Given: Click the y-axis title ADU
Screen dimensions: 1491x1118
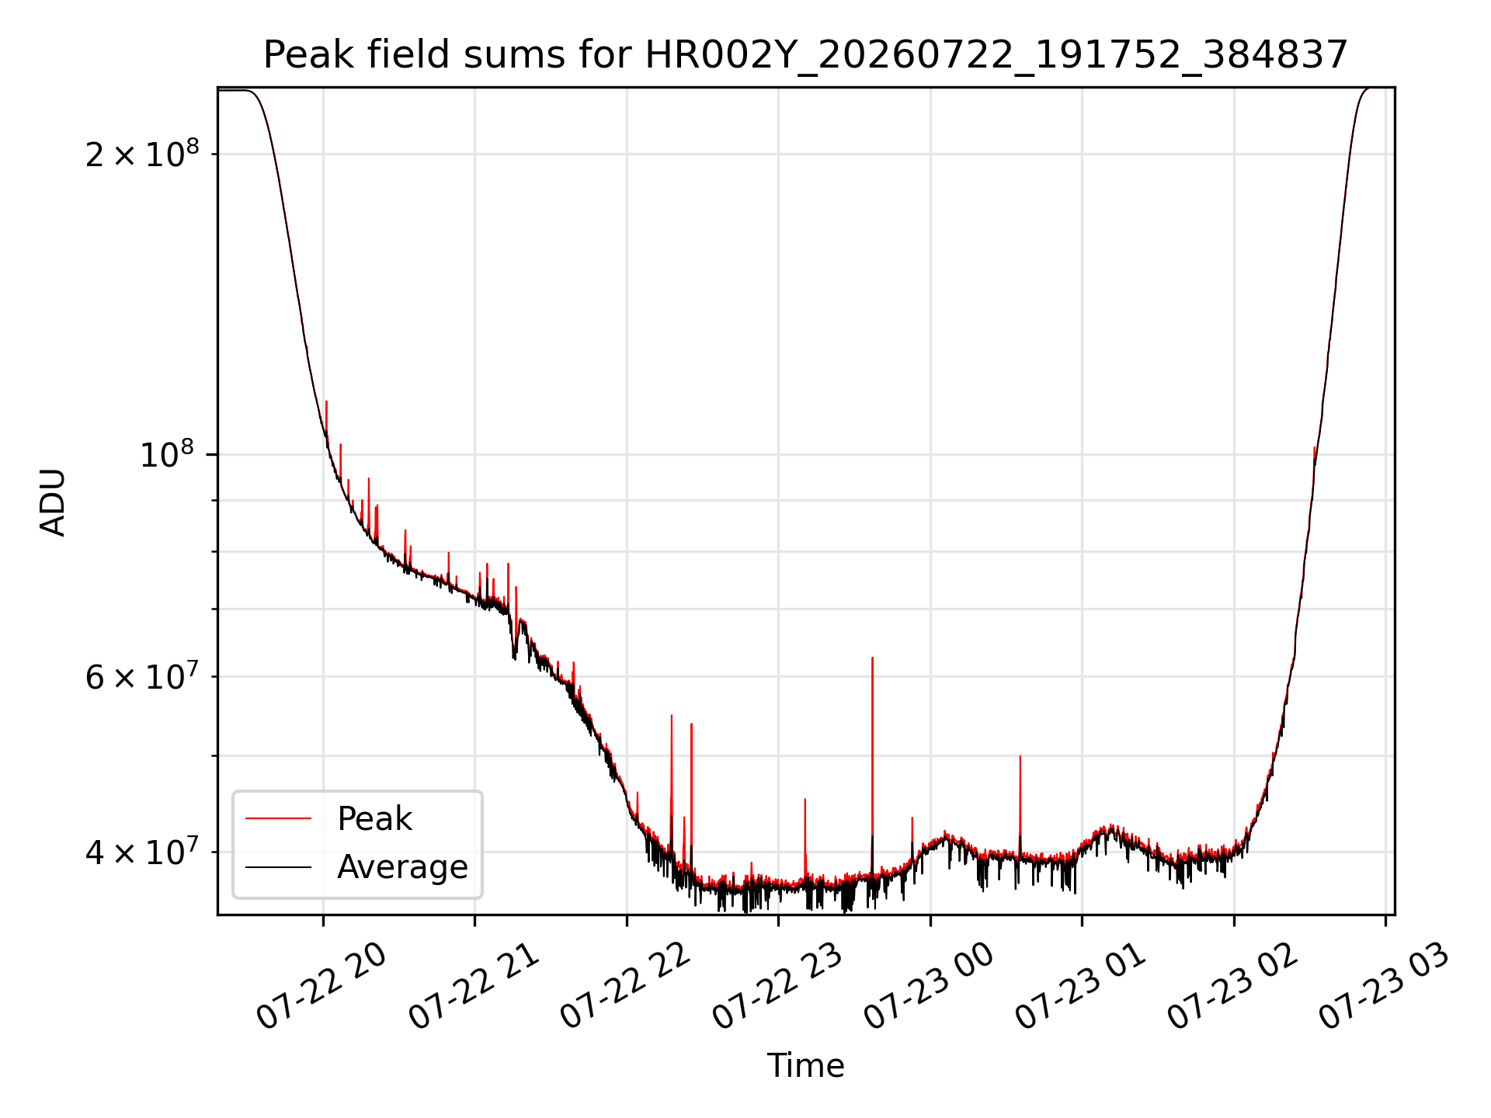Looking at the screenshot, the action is pos(53,502).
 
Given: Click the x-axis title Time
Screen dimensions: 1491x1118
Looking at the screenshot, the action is pos(805,1065).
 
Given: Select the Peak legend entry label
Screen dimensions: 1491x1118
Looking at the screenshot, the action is pos(374,819).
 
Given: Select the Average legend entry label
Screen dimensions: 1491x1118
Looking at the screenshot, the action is pos(402,866).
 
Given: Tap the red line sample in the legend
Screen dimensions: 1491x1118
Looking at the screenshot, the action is pos(278,818).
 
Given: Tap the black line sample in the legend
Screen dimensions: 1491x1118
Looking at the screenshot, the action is pos(278,866).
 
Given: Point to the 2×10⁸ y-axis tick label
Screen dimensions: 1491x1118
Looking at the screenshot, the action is pos(142,154).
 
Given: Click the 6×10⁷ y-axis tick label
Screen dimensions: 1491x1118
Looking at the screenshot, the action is pos(142,676).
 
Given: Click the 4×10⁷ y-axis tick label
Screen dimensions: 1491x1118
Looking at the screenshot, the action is pos(142,852).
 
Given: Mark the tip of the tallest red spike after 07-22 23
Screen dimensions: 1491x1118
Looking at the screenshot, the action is pos(872,658).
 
